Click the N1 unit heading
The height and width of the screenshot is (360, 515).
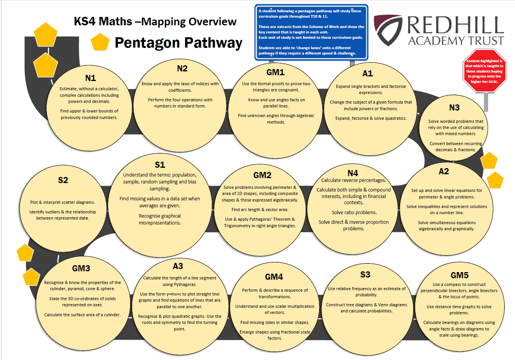point(91,78)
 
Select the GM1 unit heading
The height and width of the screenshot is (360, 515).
point(275,72)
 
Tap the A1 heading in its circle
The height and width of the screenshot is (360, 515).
point(368,73)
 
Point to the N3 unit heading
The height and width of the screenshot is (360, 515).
point(454,107)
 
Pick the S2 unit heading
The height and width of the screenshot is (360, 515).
point(63,180)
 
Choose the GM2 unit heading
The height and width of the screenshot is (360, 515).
point(262,175)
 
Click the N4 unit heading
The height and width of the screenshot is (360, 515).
point(353,173)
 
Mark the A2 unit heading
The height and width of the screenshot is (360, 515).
point(444,171)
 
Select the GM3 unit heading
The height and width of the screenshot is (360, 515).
point(81,268)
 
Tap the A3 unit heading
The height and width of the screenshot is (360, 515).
point(178,266)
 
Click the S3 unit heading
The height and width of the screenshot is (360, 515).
point(365,274)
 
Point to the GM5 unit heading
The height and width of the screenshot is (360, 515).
point(460,275)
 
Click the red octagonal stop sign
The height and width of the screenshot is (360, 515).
point(484,71)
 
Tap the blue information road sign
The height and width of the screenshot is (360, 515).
point(311,32)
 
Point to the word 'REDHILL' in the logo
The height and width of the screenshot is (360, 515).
point(455,25)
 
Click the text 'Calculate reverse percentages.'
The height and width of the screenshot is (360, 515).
point(353,180)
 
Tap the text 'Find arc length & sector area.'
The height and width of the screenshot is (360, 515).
point(260,210)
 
